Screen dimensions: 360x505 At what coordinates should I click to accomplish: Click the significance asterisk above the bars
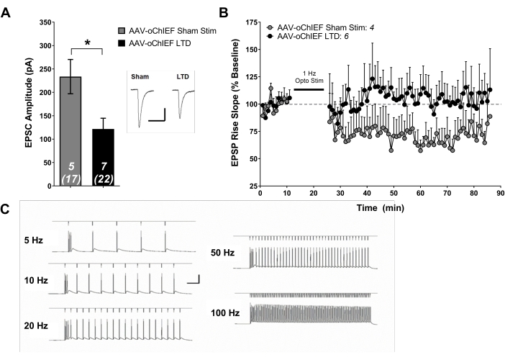[x=88, y=43]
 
